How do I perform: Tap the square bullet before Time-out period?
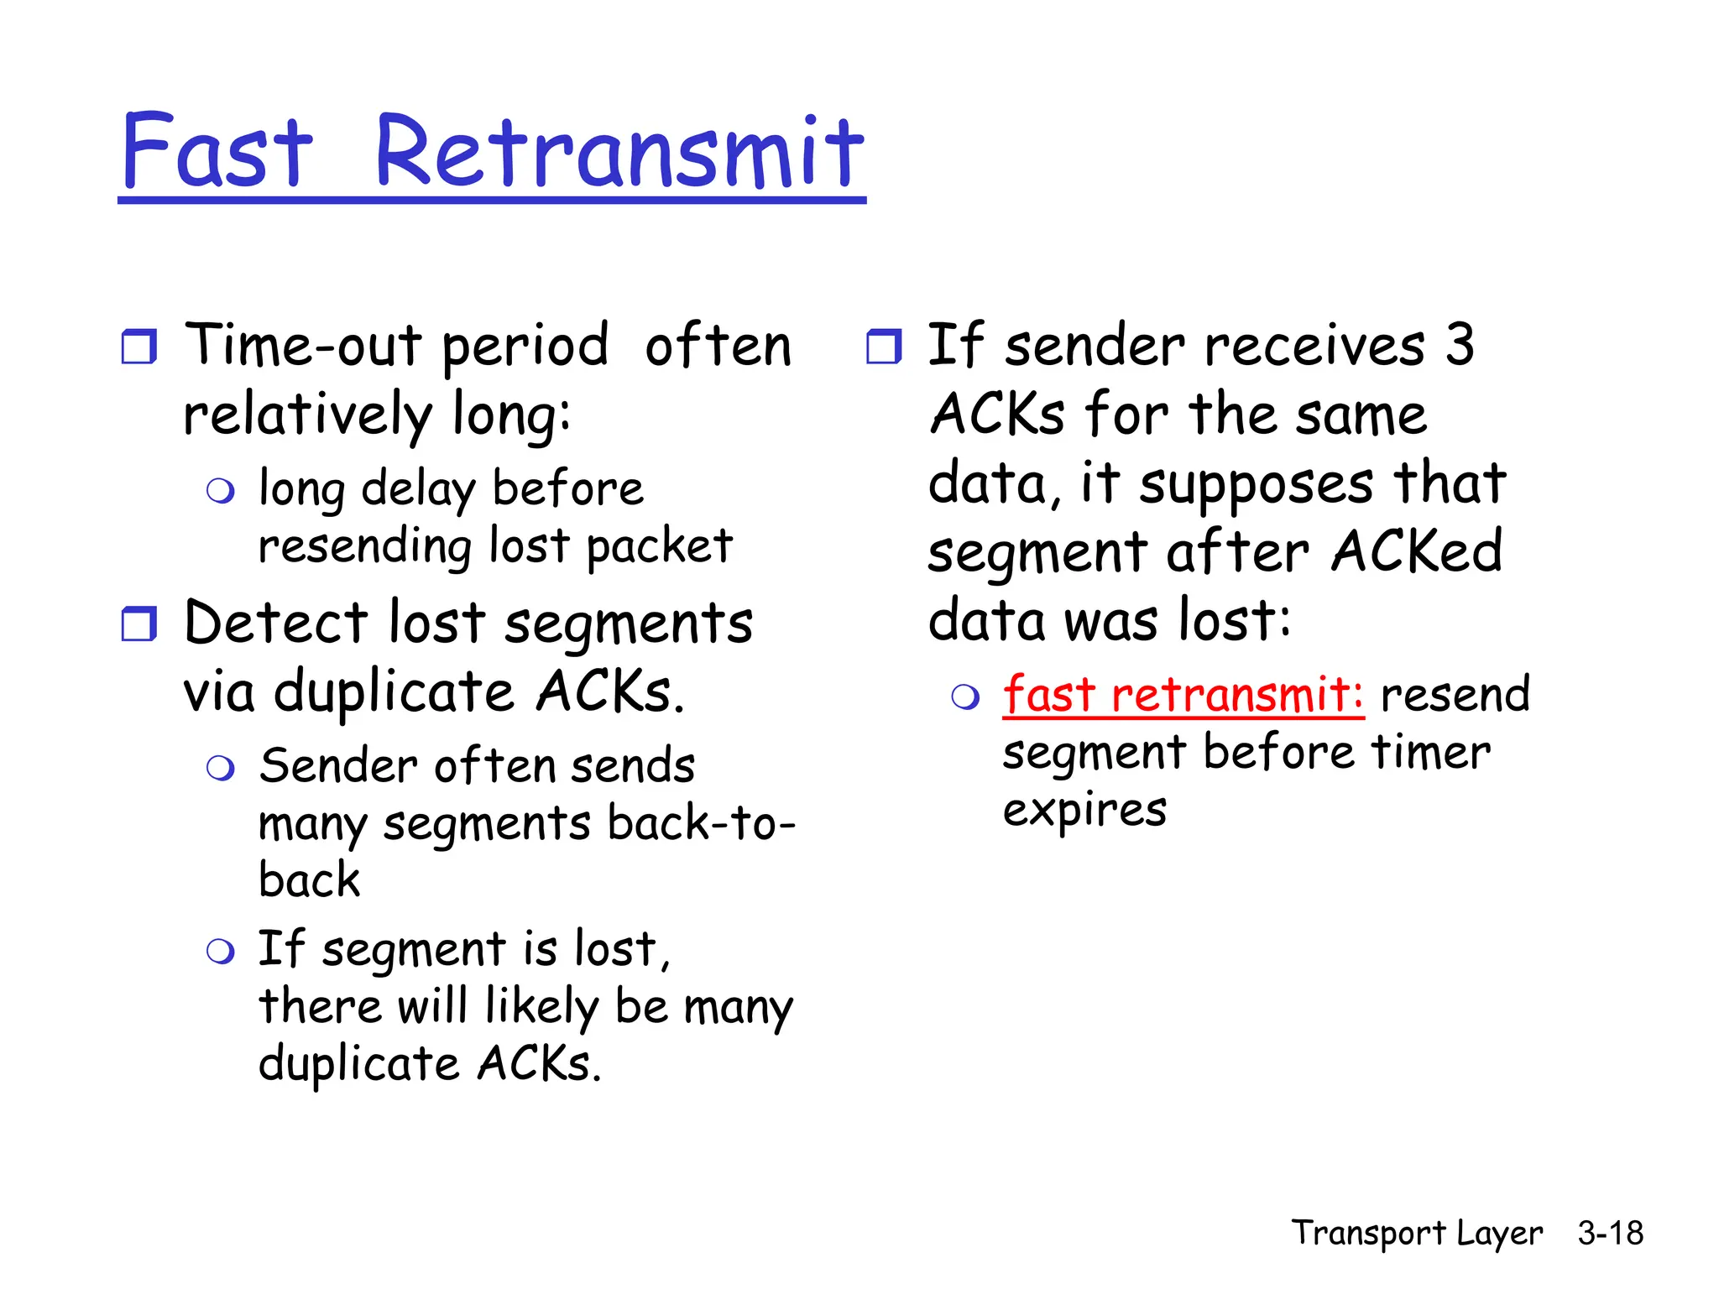[138, 347]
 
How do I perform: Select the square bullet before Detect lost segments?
[138, 624]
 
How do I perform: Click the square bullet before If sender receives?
[883, 347]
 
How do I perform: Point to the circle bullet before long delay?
[220, 491]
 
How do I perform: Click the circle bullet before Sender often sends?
[220, 768]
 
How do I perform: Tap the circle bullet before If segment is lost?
[220, 952]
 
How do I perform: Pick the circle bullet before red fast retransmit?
[965, 697]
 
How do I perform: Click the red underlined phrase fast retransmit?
[1183, 695]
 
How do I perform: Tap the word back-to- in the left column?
[701, 823]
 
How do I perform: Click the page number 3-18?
[1610, 1233]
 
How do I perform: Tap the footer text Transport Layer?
[1416, 1233]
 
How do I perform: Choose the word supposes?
[1256, 485]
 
